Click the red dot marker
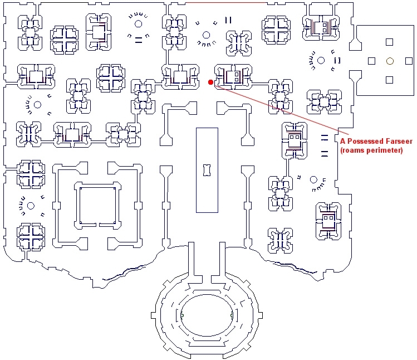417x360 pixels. (x=210, y=82)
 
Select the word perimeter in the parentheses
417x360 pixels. (x=384, y=150)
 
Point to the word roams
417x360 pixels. (x=354, y=150)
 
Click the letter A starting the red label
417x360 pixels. (x=343, y=141)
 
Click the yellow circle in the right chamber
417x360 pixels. (x=390, y=61)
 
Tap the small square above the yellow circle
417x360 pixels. (x=390, y=41)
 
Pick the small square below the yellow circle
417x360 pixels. (x=390, y=80)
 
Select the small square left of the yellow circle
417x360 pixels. (x=372, y=61)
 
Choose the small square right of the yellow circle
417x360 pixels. (x=408, y=61)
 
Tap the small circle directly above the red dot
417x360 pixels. (x=207, y=35)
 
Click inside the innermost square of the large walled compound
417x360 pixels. (x=97, y=206)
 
